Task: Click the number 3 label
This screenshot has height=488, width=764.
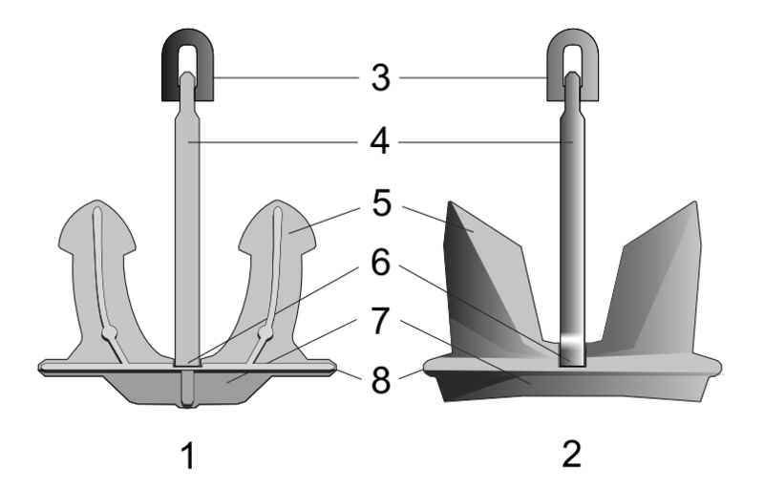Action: [x=381, y=77]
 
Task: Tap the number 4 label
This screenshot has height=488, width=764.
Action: [x=381, y=144]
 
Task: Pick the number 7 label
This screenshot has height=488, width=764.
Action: [x=381, y=322]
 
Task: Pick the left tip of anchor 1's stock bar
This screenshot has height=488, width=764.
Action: [x=44, y=365]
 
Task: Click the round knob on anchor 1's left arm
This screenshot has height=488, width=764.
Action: [x=110, y=331]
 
